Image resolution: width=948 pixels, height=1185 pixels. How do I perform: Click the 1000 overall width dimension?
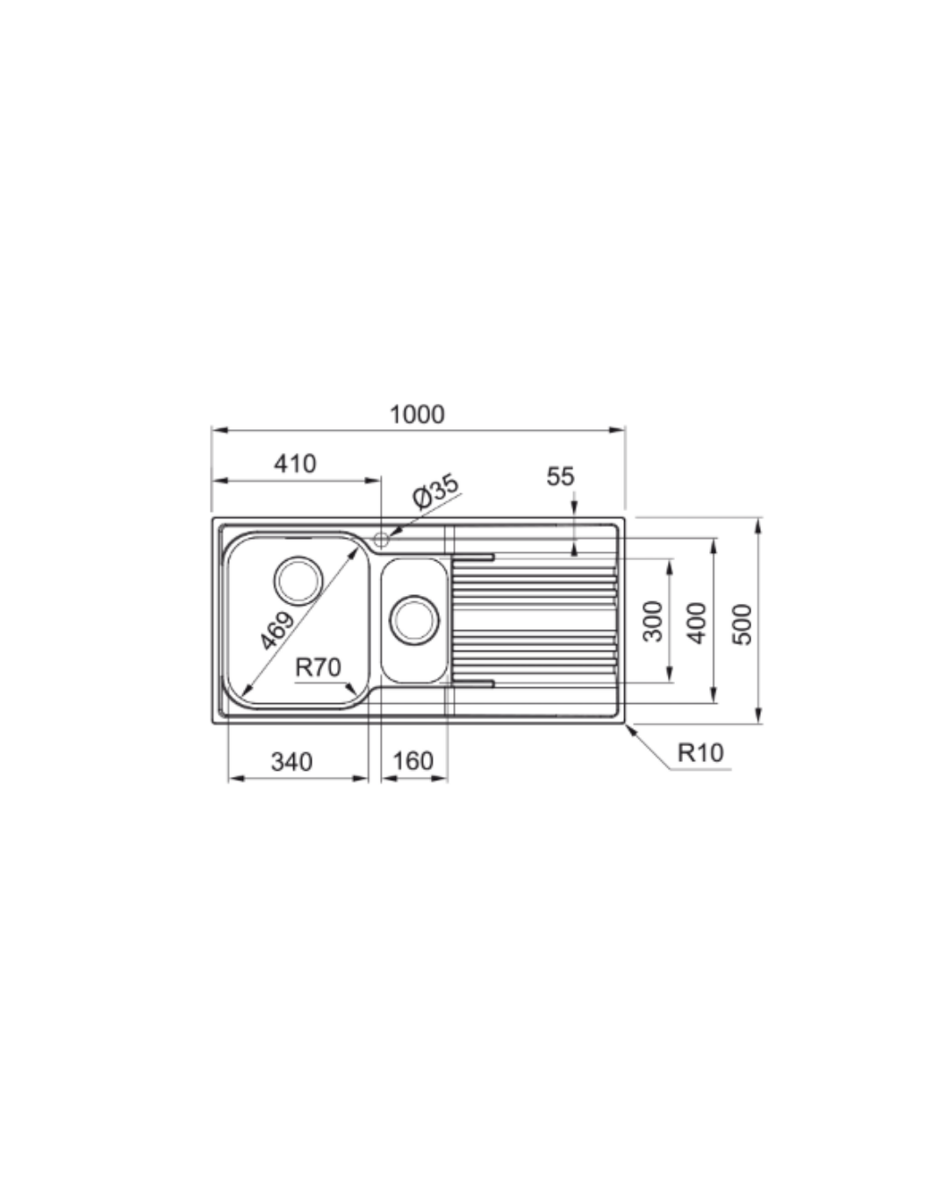coord(417,414)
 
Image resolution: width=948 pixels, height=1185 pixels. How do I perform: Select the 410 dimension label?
coord(295,463)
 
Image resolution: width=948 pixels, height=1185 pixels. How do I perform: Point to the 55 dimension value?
coord(560,477)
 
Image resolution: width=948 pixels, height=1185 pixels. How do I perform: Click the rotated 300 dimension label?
coord(653,621)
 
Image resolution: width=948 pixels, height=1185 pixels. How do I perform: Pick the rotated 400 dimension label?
coord(697,623)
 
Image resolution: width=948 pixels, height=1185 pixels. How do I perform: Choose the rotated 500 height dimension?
coord(742,624)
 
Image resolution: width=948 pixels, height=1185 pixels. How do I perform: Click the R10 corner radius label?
coord(700,752)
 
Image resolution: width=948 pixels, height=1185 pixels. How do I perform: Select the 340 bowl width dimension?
coord(292,762)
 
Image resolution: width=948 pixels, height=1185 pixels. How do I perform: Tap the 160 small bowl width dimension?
coord(413,762)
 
